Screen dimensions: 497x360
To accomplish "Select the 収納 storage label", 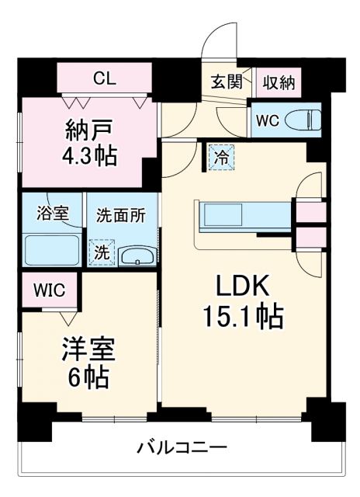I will (278, 82).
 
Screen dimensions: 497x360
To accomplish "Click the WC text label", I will (266, 120).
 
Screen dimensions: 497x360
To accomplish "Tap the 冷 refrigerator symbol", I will (220, 157).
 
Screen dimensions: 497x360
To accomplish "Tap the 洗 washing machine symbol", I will (102, 252).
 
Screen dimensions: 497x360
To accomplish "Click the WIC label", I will (48, 290).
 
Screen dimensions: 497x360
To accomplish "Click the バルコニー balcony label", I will (182, 448).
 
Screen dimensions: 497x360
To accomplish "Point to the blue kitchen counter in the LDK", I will (244, 216).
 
